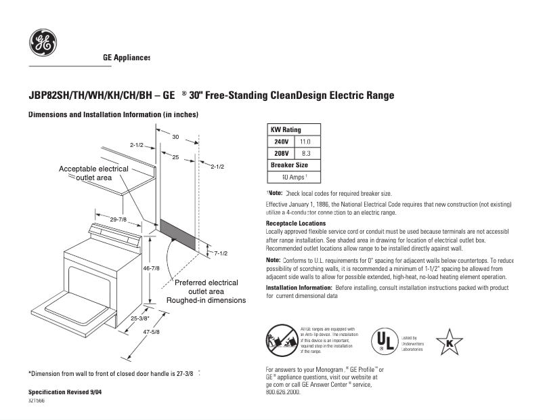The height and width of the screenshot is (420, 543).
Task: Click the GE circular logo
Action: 43,43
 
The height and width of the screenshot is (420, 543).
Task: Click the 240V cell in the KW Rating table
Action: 281,142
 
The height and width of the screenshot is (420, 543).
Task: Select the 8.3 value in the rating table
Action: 305,154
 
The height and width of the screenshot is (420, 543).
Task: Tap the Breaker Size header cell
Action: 289,165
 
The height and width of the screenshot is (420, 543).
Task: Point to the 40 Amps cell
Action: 295,177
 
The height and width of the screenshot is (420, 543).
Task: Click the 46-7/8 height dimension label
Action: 151,268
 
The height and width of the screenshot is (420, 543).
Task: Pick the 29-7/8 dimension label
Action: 118,219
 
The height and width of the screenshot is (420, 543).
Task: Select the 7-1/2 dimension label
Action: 221,253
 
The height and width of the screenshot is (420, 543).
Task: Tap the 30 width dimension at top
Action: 175,138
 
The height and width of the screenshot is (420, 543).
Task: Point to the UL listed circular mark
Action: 385,341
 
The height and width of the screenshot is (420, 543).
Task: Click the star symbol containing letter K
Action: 449,342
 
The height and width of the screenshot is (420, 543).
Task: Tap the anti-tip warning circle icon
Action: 278,338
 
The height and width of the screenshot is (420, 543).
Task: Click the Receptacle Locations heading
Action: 296,223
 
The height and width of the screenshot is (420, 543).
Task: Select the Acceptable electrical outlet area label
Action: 93,173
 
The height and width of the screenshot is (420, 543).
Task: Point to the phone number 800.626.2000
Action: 283,392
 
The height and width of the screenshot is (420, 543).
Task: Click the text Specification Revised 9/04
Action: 65,392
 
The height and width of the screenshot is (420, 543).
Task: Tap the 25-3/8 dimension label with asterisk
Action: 140,318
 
